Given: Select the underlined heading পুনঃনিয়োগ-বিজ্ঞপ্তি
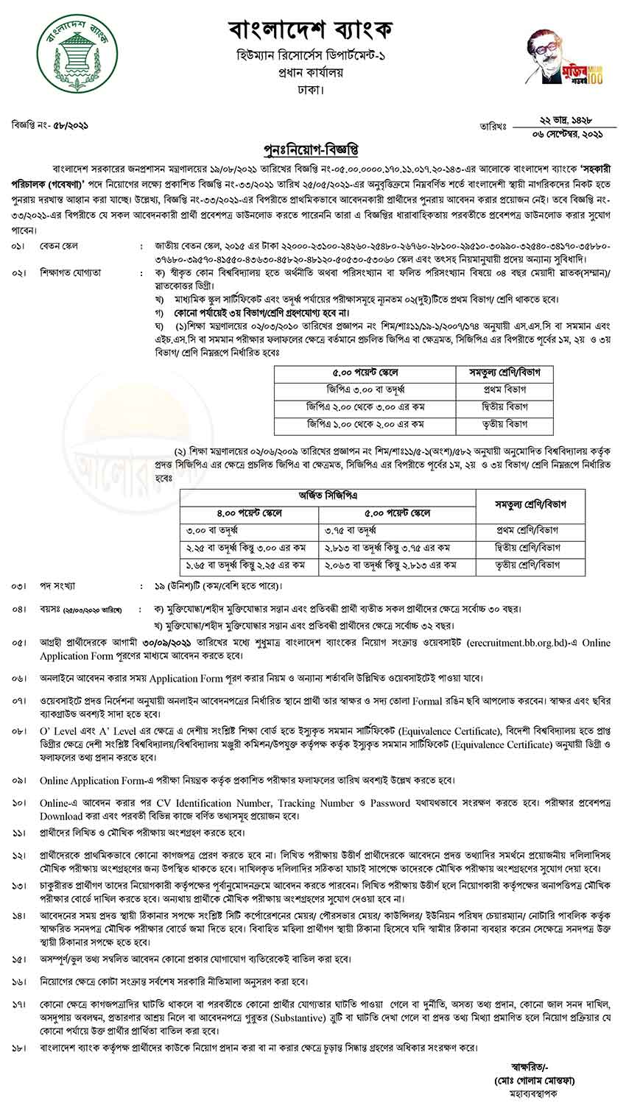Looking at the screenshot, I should click(312, 150).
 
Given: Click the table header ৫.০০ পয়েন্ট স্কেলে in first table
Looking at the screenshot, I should click(365, 373).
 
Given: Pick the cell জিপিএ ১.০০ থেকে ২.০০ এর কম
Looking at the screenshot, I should click(365, 424).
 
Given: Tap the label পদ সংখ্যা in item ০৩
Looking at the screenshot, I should click(59, 586).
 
